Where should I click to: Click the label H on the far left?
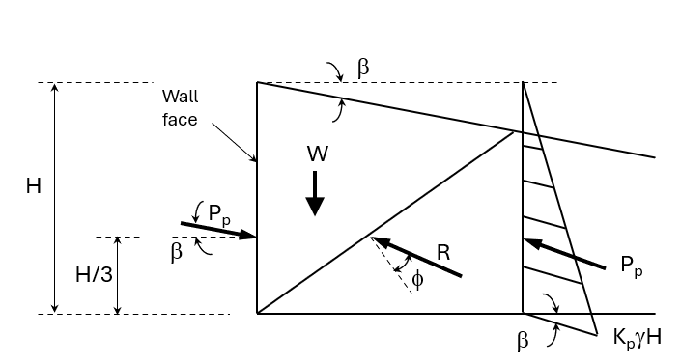33,186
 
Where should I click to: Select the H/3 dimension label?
94,275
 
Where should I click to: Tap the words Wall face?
180,107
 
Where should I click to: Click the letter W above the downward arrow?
317,154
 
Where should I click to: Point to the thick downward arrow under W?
315,193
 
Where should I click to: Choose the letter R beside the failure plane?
443,253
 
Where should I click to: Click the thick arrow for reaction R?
417,257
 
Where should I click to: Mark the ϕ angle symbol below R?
417,280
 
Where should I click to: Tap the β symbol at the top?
363,68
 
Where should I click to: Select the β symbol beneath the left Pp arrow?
176,253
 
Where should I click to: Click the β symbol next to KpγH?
523,341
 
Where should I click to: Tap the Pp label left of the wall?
218,214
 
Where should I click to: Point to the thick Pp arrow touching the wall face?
218,230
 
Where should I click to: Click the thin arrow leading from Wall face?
229,138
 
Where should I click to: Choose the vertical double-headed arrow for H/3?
118,275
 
